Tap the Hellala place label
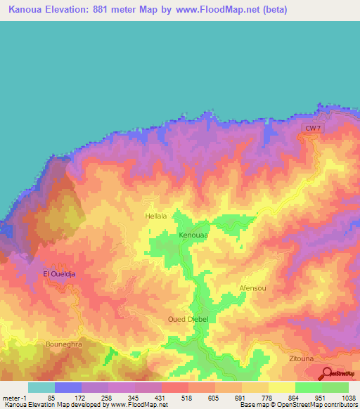[x=156, y=216]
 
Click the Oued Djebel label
[x=188, y=320]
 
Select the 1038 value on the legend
[x=348, y=397]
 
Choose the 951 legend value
[x=321, y=397]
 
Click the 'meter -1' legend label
[x=15, y=397]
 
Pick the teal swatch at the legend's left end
[x=41, y=387]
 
